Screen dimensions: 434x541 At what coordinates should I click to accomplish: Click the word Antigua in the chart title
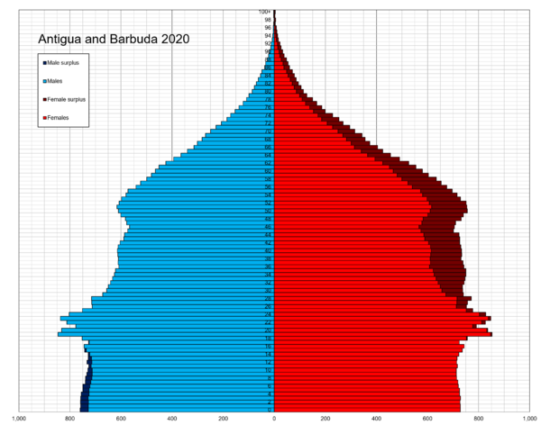point(60,40)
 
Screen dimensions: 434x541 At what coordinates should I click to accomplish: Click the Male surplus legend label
point(68,62)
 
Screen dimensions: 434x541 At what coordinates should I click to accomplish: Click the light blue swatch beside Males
point(44,81)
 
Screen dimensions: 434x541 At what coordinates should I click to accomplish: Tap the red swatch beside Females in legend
point(44,118)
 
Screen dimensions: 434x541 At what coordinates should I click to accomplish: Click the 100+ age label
point(266,12)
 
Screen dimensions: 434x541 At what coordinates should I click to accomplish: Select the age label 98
point(268,20)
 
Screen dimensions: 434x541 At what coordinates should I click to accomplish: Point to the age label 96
point(268,28)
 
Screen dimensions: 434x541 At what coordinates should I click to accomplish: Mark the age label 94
point(268,36)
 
